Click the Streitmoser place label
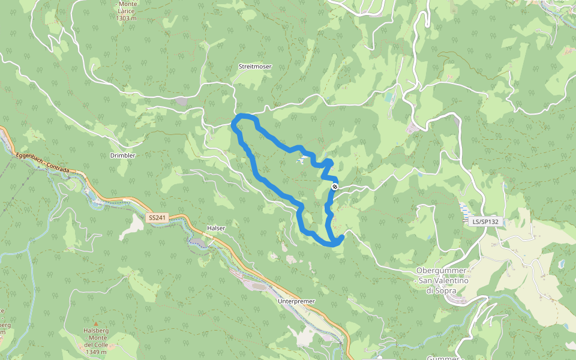pos(256,66)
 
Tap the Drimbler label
pos(123,155)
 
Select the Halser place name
pos(215,228)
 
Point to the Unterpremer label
pos(297,301)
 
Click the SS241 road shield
pos(157,218)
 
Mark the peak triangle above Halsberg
pos(95,324)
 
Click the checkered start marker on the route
pos(335,187)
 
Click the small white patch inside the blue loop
pos(304,160)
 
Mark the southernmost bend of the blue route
pos(332,244)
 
